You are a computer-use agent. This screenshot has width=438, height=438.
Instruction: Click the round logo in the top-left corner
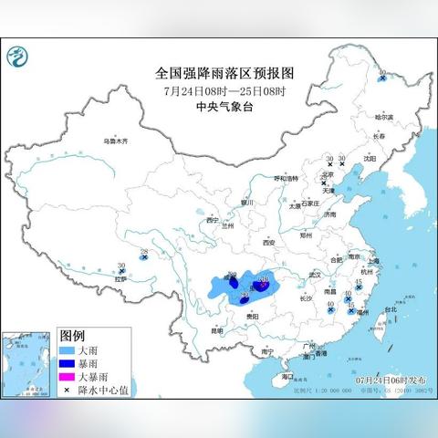(17, 59)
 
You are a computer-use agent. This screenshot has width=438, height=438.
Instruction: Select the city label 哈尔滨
(384, 116)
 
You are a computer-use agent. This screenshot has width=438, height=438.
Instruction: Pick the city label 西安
(268, 243)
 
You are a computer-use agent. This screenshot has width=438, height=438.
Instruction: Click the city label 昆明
(216, 330)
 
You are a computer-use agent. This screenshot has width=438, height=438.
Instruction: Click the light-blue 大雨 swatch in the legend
(66, 350)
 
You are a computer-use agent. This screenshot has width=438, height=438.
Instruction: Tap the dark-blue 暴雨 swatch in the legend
(66, 363)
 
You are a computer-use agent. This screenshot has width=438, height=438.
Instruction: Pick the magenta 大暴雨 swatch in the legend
(66, 376)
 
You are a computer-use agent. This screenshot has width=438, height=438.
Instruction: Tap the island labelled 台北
(390, 309)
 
